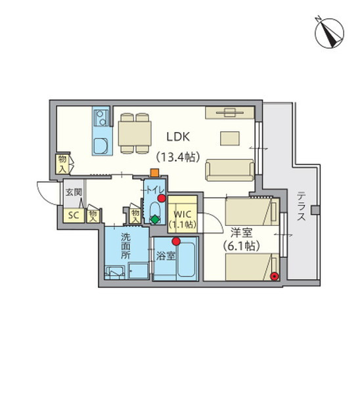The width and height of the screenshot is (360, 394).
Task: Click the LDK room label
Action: [178, 137]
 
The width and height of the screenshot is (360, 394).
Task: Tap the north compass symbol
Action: [329, 33]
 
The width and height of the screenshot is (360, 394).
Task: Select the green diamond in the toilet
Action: [155, 219]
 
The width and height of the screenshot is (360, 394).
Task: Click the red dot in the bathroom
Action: [176, 241]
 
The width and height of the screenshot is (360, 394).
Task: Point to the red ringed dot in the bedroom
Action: [275, 276]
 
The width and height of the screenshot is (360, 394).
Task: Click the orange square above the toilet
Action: [154, 173]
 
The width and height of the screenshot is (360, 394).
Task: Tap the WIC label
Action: [183, 215]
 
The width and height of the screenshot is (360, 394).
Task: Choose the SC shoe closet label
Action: [74, 215]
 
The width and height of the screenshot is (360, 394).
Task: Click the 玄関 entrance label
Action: [74, 192]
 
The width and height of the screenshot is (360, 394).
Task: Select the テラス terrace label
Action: [302, 206]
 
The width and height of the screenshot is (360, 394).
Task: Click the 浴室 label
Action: [166, 256]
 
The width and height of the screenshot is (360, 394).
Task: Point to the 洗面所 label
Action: [125, 246]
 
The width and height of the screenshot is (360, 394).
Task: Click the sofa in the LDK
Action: [230, 170]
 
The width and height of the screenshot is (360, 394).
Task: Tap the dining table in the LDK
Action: [135, 133]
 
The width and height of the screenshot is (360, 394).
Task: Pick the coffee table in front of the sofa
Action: [230, 138]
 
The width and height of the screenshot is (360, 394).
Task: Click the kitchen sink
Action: [101, 145]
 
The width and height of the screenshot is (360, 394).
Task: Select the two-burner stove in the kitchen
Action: [101, 118]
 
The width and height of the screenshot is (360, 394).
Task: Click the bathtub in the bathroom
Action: [187, 259]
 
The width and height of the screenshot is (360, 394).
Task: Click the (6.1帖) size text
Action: [241, 246]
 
